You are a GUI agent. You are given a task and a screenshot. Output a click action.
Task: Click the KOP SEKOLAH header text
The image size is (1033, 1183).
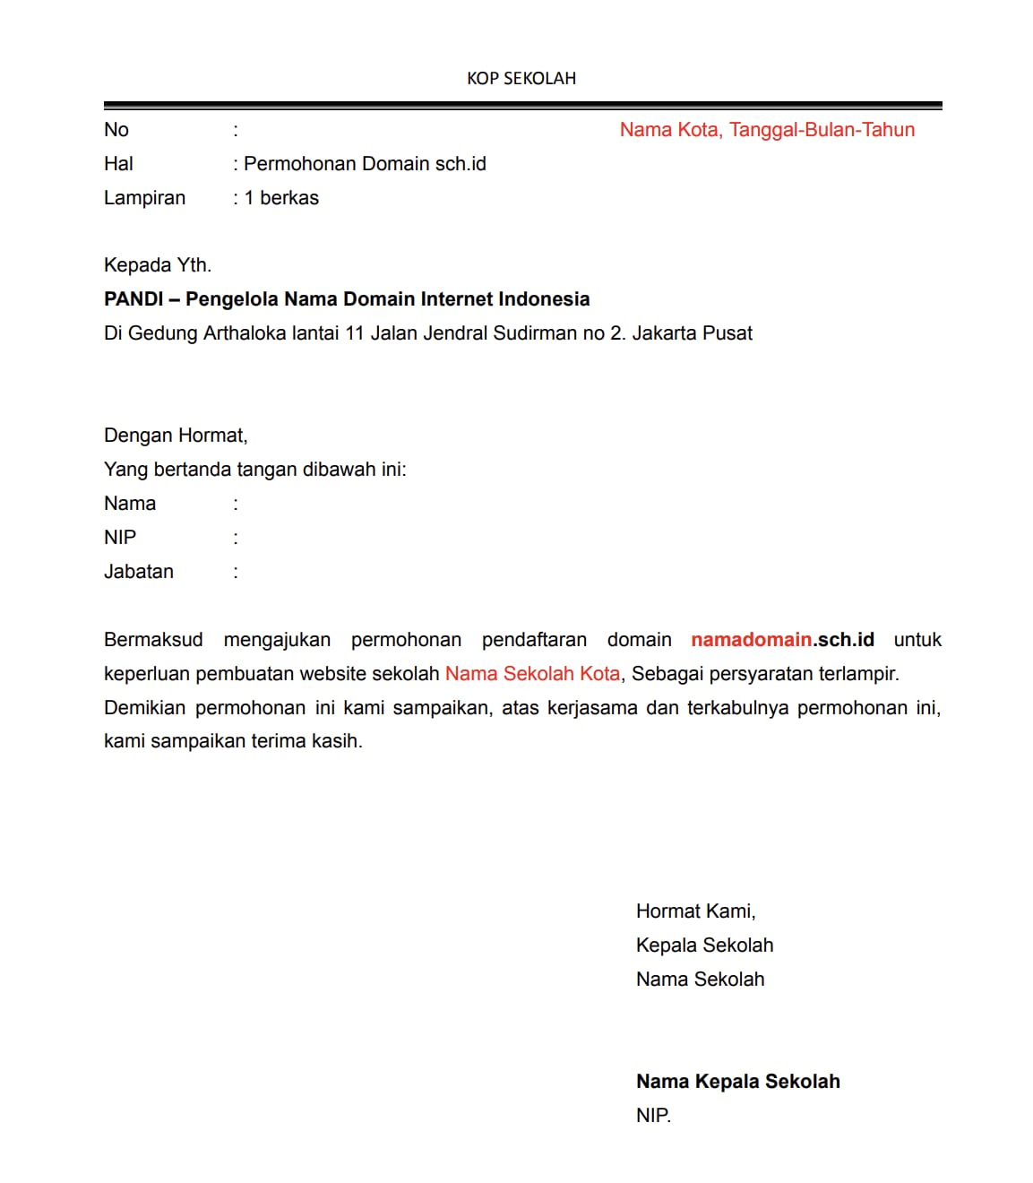coord(521,79)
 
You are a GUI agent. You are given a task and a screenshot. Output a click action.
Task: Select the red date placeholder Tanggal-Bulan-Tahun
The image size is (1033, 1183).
coord(822,130)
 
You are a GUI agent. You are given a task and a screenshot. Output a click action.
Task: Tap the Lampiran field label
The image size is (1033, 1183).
coord(144,198)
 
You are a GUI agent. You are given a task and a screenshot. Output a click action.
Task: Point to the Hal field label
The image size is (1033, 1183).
coord(118,164)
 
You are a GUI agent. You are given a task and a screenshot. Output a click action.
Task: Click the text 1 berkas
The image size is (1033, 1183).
coord(281,198)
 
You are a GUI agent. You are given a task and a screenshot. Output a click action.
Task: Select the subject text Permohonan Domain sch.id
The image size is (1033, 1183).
coord(365,164)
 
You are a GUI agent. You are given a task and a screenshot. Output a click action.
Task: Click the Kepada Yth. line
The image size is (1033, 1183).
coord(158,265)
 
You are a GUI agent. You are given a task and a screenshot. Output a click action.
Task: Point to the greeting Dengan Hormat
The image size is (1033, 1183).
coord(176,436)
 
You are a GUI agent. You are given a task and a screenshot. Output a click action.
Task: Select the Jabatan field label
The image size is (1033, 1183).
coord(139,572)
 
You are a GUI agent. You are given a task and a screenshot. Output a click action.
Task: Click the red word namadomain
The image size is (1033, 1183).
coord(751,640)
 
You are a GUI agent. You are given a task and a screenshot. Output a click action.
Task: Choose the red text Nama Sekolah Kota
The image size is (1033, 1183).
coord(532,674)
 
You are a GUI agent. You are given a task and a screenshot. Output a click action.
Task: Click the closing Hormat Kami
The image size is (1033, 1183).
coord(695,911)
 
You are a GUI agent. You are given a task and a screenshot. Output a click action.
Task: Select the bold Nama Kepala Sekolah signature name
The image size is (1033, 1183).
coord(737,1082)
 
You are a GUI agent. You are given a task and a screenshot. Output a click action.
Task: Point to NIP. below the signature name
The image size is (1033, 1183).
coord(653,1116)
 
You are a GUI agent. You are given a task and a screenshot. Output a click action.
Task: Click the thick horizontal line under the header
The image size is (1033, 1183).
coord(522,106)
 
